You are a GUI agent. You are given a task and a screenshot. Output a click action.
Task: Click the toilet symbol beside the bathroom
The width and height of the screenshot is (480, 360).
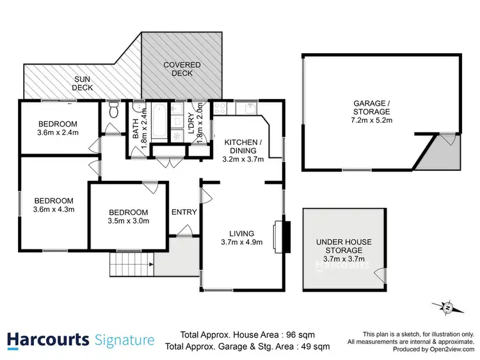114,111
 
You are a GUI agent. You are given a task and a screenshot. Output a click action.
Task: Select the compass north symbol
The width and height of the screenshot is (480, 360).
447,308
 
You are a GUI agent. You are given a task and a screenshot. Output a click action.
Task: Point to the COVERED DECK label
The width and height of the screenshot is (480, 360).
182,69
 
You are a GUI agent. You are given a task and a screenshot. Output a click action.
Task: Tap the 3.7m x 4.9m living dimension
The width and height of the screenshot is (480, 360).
243,242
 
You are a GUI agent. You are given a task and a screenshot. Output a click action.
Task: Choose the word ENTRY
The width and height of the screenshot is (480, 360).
184,212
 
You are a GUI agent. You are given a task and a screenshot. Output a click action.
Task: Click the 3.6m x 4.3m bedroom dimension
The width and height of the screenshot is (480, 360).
54,208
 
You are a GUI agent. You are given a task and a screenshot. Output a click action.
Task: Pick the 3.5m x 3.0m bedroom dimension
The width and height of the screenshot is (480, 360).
128,221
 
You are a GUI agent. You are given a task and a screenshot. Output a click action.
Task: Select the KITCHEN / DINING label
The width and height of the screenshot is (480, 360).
241,146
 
